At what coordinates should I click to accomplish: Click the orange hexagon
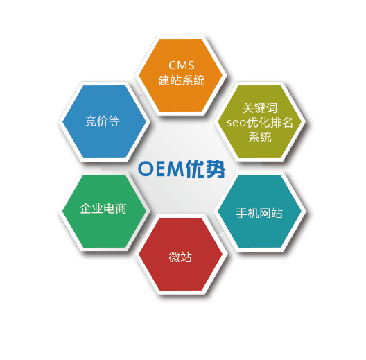(181, 75)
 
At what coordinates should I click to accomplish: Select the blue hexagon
(105, 121)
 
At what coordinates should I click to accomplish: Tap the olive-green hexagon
(259, 121)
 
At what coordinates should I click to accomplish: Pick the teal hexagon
(259, 211)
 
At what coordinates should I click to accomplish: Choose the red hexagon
(181, 254)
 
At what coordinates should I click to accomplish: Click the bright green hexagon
(105, 211)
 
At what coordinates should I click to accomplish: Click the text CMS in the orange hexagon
(182, 65)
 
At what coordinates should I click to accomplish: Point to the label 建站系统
(182, 80)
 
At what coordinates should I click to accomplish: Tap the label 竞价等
(103, 121)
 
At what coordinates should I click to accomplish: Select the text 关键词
(260, 108)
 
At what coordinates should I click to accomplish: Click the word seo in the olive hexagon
(236, 123)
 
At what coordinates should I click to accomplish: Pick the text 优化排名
(270, 122)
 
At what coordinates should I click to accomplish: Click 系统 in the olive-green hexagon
(260, 137)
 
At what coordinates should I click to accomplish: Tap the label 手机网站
(259, 213)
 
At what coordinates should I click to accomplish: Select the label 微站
(180, 257)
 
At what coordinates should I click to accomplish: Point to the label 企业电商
(103, 208)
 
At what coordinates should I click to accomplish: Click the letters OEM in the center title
(161, 169)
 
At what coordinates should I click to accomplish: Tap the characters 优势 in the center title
(205, 169)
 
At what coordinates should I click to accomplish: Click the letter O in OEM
(146, 169)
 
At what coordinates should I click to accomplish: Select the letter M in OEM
(176, 169)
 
